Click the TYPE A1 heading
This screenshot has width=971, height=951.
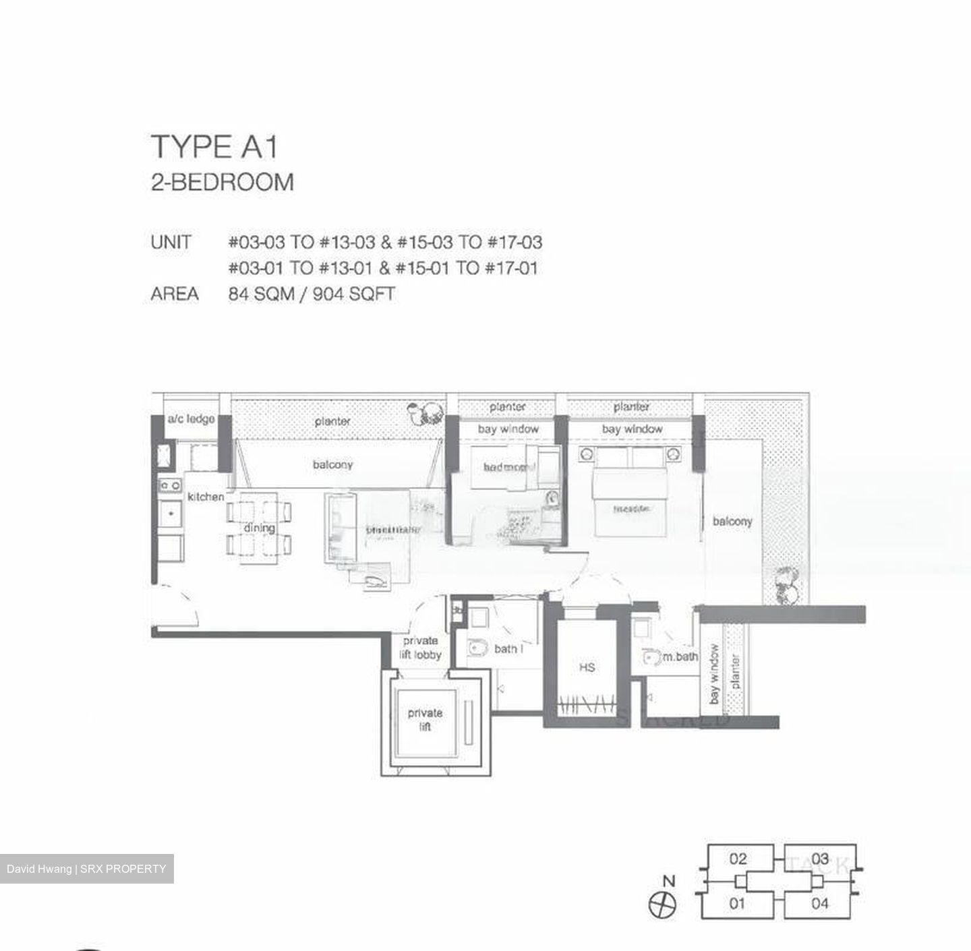[214, 147]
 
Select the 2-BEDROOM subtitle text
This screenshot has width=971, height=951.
[223, 183]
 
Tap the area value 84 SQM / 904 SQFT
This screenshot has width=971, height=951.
[312, 294]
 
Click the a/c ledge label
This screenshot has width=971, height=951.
[191, 419]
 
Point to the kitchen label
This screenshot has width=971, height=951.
[206, 497]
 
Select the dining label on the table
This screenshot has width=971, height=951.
[259, 528]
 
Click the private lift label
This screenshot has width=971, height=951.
[425, 719]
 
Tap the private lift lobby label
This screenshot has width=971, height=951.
[421, 648]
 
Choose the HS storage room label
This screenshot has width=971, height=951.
[587, 667]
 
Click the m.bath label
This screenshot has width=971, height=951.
[680, 656]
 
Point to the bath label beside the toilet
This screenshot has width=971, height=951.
[508, 649]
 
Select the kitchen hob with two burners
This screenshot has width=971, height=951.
[170, 485]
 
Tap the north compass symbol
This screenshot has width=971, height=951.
[662, 904]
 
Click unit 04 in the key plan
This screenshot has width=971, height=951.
[819, 902]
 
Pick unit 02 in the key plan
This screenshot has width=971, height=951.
[738, 859]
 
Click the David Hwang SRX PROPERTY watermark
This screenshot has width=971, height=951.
[86, 869]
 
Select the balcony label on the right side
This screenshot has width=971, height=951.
[732, 521]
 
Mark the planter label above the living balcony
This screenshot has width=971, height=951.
[332, 421]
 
